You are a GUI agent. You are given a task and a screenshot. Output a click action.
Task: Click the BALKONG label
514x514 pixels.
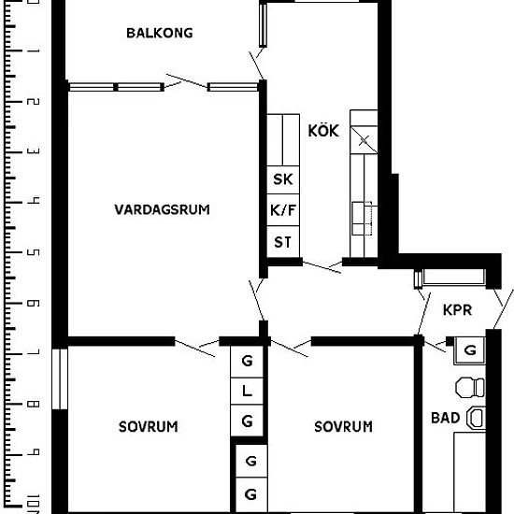click(x=159, y=34)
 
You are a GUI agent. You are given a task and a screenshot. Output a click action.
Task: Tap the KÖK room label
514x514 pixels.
click(x=323, y=131)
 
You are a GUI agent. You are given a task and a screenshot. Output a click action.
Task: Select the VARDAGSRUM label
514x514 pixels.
click(x=163, y=209)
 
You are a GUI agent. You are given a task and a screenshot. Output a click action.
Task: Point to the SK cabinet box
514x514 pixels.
click(x=282, y=179)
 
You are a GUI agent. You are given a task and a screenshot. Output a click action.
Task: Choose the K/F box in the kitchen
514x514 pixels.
click(x=282, y=211)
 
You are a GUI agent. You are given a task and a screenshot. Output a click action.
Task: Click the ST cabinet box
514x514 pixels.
click(x=282, y=242)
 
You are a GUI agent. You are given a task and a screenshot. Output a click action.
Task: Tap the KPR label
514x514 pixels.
click(x=457, y=309)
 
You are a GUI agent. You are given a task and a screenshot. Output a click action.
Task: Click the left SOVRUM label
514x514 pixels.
click(x=148, y=427)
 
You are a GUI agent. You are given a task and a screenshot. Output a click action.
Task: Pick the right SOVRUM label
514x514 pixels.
click(x=343, y=427)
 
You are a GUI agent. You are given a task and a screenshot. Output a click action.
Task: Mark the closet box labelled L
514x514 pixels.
click(x=248, y=392)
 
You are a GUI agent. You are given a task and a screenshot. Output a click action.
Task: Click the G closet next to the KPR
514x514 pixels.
click(x=469, y=350)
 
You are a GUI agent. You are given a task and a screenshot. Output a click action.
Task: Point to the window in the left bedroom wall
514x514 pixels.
click(x=60, y=378)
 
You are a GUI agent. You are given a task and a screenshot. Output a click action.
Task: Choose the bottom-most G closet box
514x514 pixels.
click(x=250, y=493)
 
